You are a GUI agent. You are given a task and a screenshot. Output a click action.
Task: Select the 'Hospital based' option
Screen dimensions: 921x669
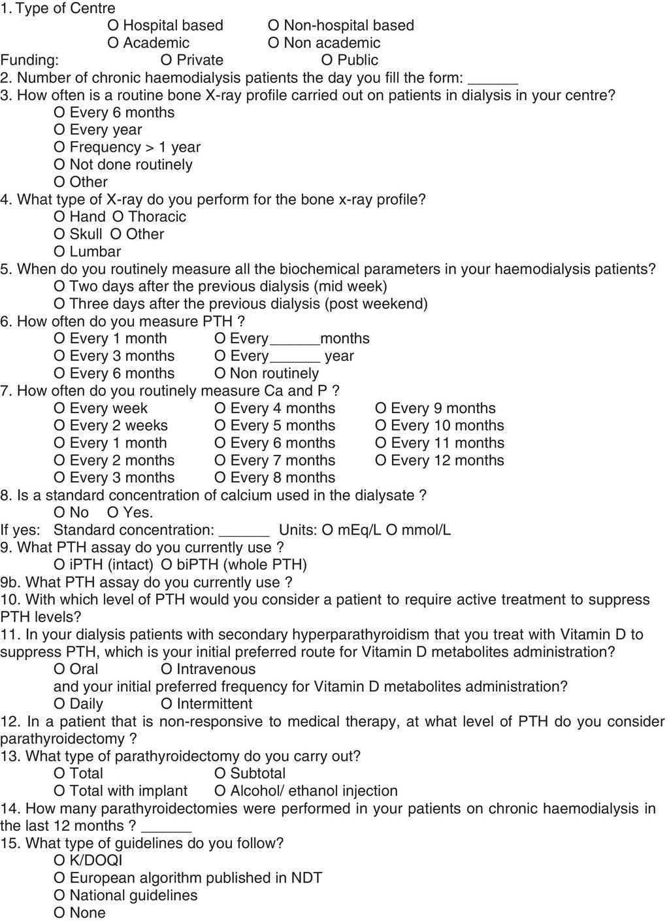click(113, 25)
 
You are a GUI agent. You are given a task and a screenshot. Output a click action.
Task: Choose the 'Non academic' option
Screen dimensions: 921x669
click(274, 43)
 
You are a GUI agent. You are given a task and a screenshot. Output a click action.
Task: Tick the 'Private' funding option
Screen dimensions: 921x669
click(166, 60)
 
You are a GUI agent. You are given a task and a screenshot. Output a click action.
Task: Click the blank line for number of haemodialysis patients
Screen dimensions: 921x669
click(493, 81)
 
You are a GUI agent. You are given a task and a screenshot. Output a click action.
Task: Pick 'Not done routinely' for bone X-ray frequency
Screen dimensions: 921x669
click(59, 165)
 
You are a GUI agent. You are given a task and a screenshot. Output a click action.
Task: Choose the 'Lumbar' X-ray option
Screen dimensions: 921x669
click(59, 252)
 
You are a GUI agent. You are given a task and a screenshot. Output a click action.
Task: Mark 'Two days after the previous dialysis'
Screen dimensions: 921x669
click(59, 286)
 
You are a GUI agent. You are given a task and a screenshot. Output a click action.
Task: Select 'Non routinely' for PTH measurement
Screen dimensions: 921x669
click(220, 374)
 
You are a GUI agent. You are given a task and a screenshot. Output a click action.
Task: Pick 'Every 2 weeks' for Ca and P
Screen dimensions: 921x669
click(59, 426)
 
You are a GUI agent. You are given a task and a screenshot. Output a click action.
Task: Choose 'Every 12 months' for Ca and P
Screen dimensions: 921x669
click(381, 460)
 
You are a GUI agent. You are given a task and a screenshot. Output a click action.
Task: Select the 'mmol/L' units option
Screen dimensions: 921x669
click(391, 530)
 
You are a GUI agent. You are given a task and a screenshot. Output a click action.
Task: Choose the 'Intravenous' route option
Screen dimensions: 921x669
click(166, 669)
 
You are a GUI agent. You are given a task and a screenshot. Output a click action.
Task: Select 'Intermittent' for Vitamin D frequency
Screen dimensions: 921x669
click(166, 704)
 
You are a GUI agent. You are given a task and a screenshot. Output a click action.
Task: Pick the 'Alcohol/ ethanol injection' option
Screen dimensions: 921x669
click(220, 791)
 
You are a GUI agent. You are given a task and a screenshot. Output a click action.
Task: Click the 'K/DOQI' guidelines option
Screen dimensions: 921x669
click(59, 861)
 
